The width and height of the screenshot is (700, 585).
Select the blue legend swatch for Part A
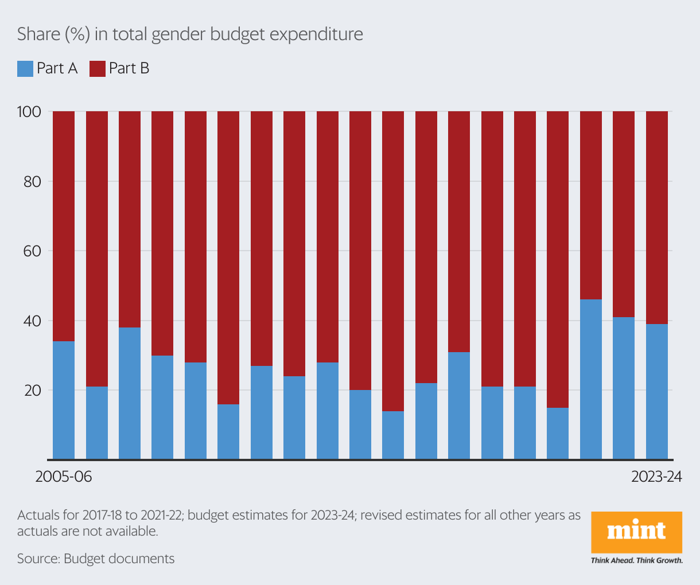25,69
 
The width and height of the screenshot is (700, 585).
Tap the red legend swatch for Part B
98,69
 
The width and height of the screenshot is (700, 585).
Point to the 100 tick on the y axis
29,112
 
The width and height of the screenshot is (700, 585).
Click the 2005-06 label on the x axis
64,477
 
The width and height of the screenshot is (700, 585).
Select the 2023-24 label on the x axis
656,477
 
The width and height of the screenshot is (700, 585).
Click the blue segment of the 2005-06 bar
64,400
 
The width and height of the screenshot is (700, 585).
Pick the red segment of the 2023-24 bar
657,218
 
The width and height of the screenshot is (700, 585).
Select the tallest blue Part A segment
591,379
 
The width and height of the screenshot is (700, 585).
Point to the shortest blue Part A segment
393,435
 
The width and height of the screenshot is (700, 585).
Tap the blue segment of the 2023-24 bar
657,392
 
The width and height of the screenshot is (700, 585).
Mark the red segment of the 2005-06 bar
64,227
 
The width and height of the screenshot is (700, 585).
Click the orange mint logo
636,532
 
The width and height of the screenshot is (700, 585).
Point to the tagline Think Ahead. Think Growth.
636,560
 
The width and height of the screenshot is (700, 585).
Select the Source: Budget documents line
96,559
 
